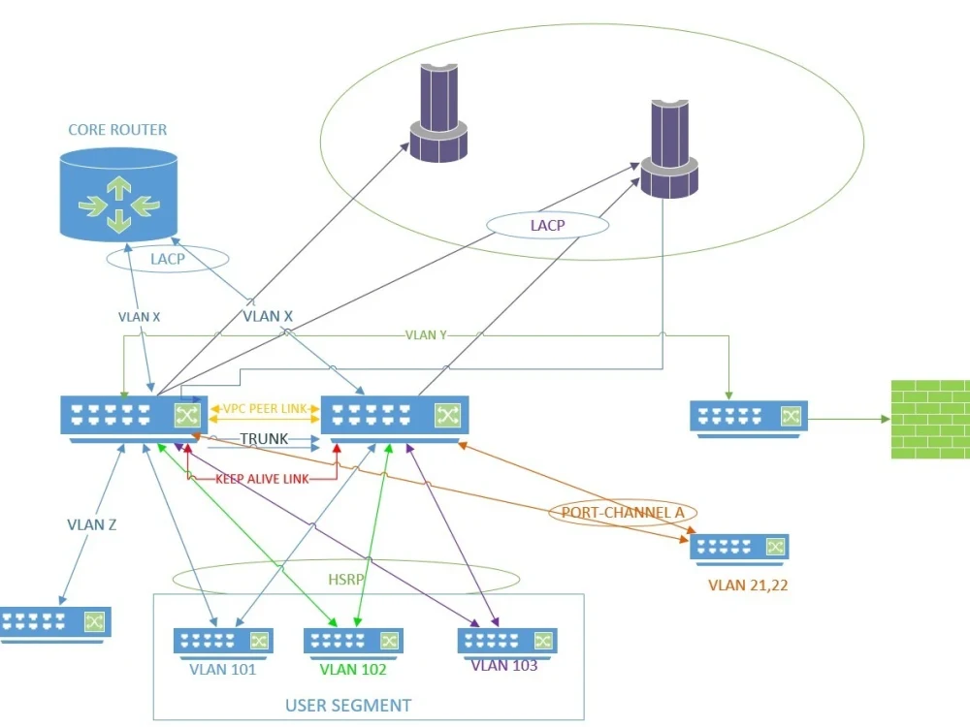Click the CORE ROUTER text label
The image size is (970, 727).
pos(117,130)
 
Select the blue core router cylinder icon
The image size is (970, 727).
pos(118,194)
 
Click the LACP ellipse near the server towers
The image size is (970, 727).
pos(546,226)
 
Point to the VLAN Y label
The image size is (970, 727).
pos(428,335)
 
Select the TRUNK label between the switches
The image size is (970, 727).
pos(264,439)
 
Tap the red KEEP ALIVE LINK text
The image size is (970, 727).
pos(262,478)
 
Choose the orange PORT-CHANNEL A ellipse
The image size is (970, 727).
pos(623,512)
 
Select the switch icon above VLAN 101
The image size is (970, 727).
pos(223,641)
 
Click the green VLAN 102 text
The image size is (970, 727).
pos(353,670)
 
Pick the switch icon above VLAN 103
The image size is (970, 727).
pos(506,641)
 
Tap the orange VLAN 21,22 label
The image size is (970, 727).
pos(741,585)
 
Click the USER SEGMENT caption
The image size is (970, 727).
pos(348,705)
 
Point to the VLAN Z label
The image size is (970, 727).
pos(92,524)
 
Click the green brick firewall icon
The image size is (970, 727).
pos(929,420)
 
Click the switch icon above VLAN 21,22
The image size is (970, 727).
pos(739,547)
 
